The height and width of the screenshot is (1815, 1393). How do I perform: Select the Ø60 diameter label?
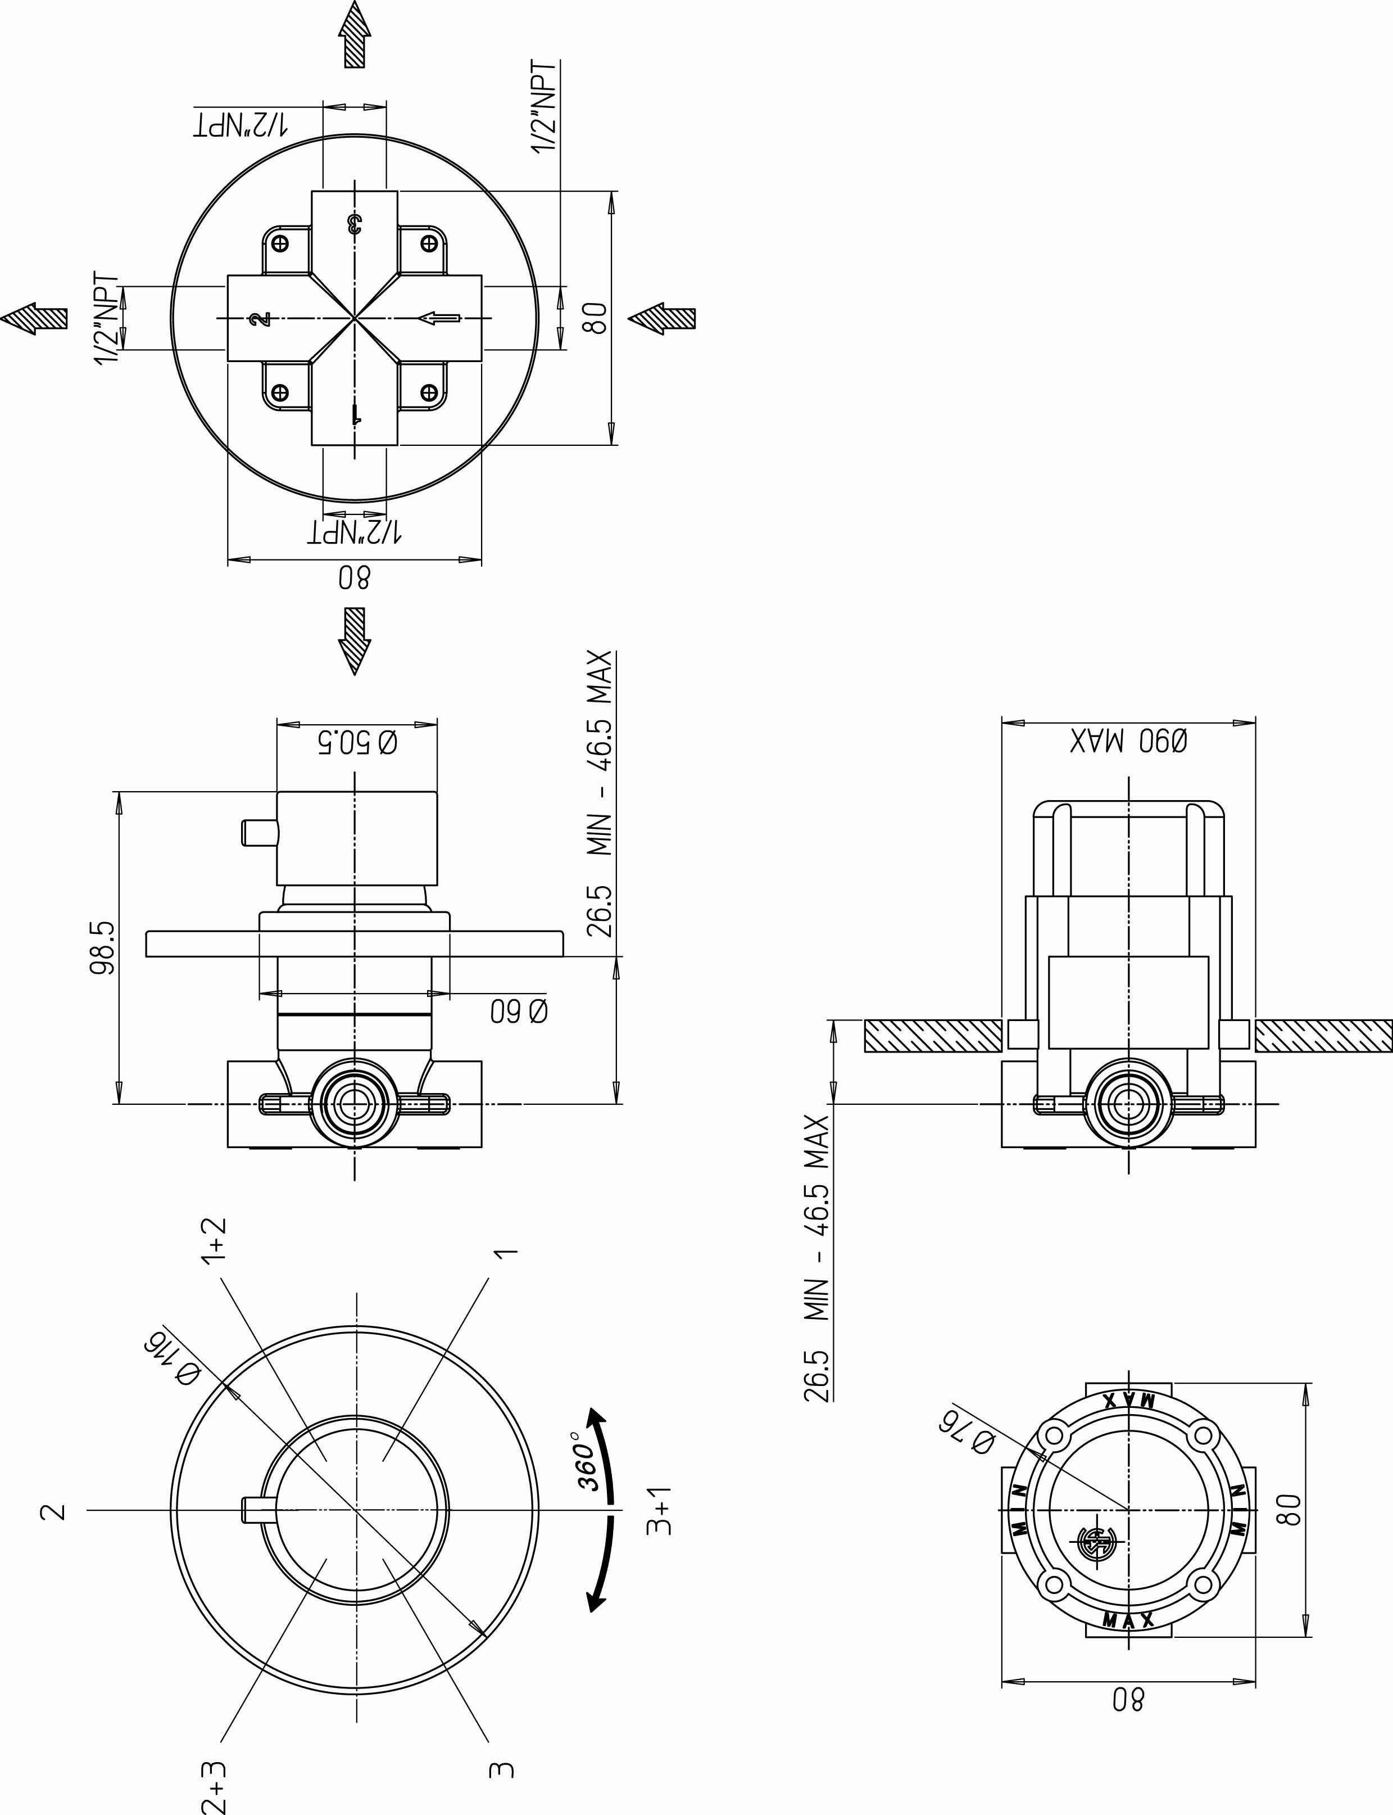click(x=518, y=1011)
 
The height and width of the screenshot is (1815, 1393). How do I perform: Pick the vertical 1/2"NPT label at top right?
click(x=545, y=106)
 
